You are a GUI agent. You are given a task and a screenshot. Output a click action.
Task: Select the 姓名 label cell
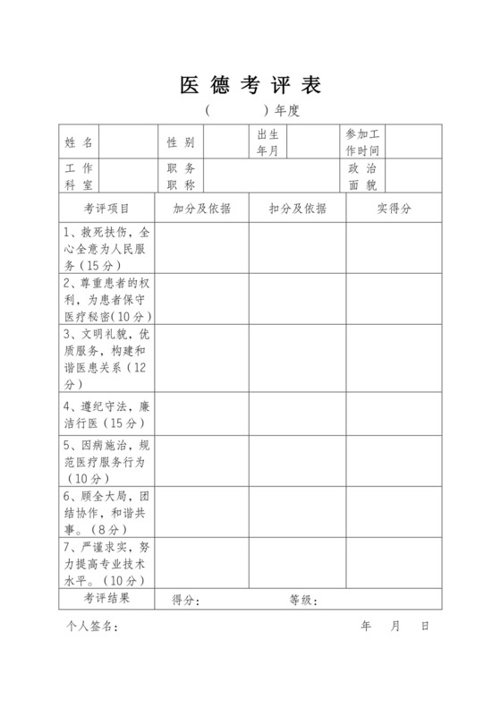pos(79,142)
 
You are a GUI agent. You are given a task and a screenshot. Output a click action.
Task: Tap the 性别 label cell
pos(181,142)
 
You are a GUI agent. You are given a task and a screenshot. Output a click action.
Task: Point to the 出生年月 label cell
pos(268,142)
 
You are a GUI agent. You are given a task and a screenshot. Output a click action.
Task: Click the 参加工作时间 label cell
pos(363,142)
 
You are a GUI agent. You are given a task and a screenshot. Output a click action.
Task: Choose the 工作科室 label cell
pos(79,176)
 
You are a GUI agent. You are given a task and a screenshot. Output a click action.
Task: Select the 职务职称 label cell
pos(181,176)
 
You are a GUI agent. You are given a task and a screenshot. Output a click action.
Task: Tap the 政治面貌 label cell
pos(363,176)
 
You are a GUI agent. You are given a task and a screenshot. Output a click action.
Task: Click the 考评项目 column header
pos(106,209)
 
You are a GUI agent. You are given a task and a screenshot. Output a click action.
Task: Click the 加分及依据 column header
pos(201,209)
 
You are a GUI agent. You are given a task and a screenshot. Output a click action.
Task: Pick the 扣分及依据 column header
pos(297,209)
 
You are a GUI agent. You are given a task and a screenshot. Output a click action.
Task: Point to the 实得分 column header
pos(394,209)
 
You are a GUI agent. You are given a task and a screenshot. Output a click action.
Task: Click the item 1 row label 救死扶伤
pos(106,248)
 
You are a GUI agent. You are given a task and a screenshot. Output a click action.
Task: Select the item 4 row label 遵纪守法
pos(106,414)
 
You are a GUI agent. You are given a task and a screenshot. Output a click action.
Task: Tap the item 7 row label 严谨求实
pos(106,563)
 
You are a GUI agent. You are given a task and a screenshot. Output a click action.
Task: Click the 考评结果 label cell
pos(106,598)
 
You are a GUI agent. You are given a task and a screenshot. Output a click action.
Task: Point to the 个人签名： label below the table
pos(91,627)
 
